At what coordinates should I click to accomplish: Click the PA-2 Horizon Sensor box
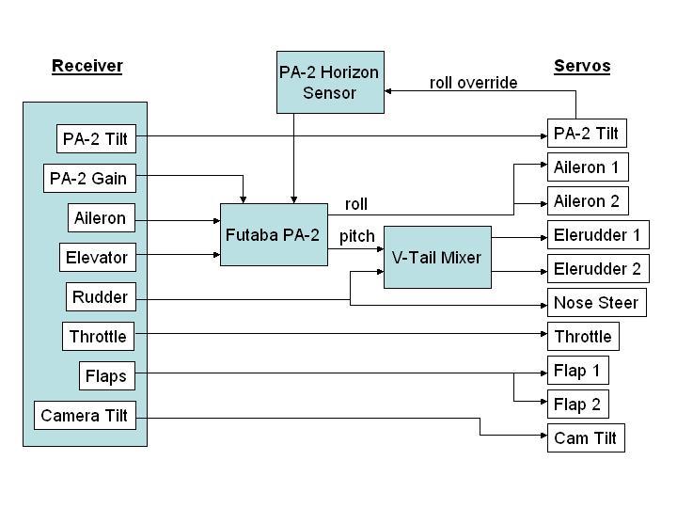coord(330,82)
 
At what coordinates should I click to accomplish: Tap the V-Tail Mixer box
coord(437,257)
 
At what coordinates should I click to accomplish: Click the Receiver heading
coord(87,66)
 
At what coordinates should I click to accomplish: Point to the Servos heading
coord(582,66)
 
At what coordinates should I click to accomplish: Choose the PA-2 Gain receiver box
coord(87,179)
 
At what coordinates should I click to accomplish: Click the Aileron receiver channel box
coord(100,218)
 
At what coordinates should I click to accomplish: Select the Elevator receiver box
coord(97,258)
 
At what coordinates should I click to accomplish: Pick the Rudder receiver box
coord(100,297)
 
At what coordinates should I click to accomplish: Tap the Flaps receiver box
coord(106,376)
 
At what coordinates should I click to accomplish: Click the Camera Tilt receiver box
coord(85,416)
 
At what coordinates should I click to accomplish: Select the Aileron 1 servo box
coord(587,167)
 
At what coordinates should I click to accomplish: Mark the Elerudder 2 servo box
coord(597,269)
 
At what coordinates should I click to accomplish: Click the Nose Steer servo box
coord(596,303)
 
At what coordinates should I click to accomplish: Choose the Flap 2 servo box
coord(577,405)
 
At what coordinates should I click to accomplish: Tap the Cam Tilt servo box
coord(585,438)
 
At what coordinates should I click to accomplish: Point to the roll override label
coord(474,83)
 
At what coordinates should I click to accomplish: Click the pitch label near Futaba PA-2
coord(356,236)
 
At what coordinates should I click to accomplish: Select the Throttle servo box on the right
coord(583,337)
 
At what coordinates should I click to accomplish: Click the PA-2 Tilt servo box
coord(586,134)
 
